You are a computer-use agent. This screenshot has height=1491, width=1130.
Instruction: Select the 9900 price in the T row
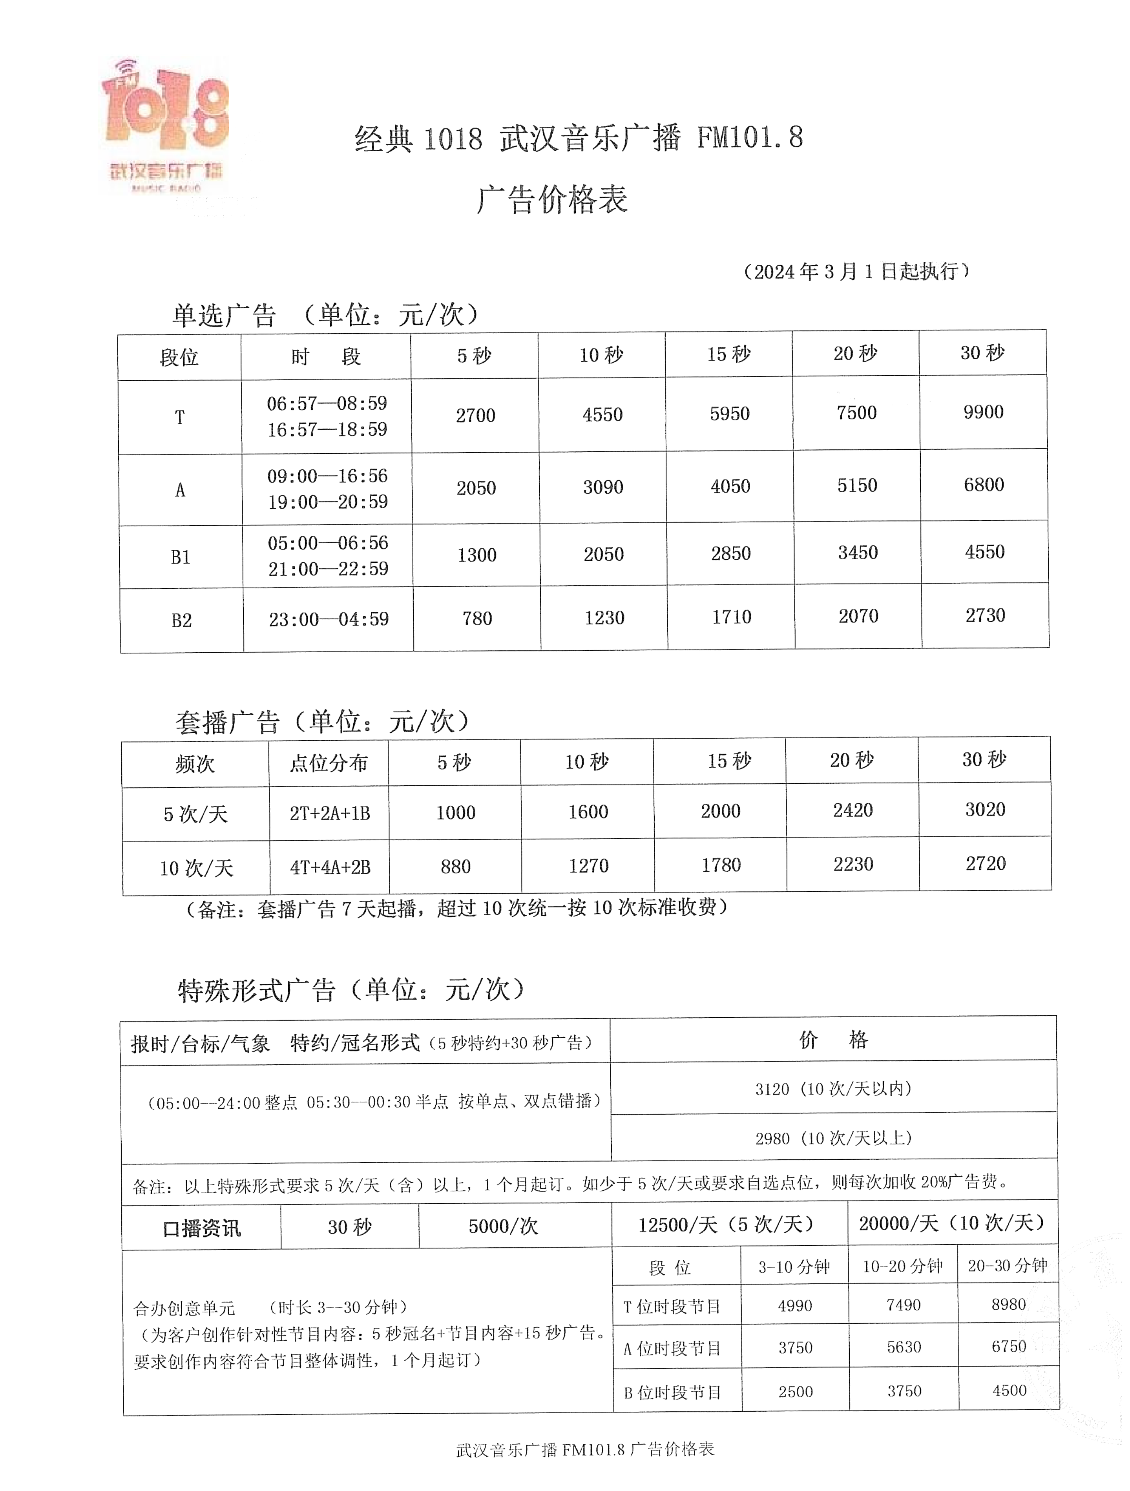[x=983, y=412]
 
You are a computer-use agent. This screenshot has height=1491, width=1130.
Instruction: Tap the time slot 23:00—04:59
[x=329, y=619]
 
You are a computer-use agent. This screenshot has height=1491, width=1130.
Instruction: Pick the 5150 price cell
[x=857, y=485]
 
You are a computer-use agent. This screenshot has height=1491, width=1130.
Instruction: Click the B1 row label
[x=180, y=557]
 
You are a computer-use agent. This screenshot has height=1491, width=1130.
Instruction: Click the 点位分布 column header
[x=329, y=763]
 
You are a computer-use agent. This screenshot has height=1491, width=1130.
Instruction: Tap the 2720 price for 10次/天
[x=985, y=863]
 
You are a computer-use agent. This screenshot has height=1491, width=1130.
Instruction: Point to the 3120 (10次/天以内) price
[x=833, y=1089]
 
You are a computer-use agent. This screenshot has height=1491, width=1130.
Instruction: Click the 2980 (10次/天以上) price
[x=833, y=1138]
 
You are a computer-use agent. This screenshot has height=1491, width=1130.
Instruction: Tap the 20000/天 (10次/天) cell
[x=951, y=1223]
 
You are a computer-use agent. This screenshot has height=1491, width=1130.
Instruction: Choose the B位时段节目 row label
[x=672, y=1392]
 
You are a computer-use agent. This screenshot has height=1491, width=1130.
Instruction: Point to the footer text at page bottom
[x=584, y=1449]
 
